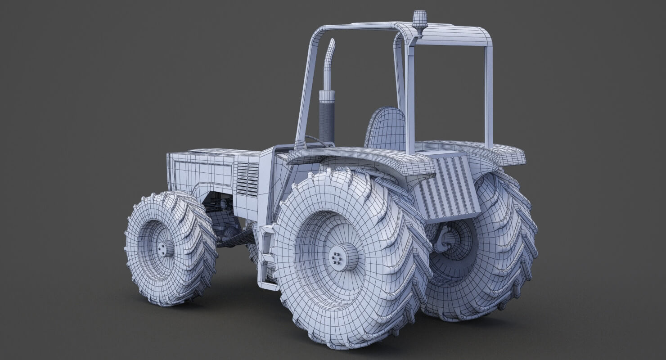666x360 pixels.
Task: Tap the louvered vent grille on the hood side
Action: pos(247,179)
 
